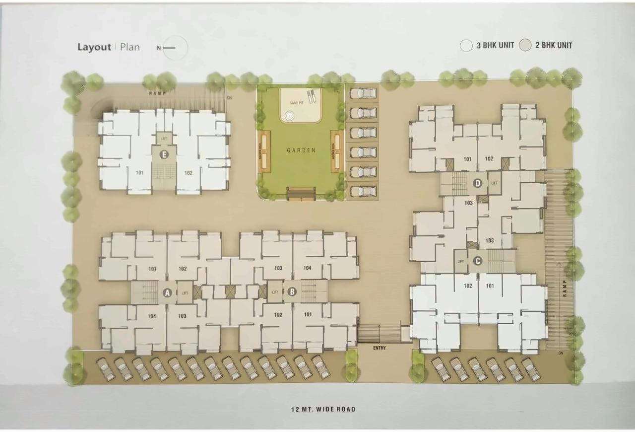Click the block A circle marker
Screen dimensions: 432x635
(x=167, y=293)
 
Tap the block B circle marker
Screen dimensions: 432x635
(x=292, y=292)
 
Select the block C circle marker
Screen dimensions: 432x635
(x=478, y=261)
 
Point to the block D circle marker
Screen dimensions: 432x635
(x=478, y=184)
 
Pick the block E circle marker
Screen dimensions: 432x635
(x=164, y=155)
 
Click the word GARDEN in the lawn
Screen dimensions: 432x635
(x=301, y=150)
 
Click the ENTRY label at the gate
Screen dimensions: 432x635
(x=380, y=348)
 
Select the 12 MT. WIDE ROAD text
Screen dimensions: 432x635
(x=323, y=410)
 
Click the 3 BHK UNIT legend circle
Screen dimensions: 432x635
(x=466, y=46)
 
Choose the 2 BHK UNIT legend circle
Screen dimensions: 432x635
(x=525, y=46)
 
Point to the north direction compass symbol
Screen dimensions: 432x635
(x=174, y=48)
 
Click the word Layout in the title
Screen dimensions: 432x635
(x=94, y=47)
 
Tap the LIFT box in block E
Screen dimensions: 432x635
(x=164, y=138)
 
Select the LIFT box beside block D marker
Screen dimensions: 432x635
(x=494, y=183)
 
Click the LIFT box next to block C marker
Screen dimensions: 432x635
(x=461, y=261)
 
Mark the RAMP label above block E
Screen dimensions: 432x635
(x=157, y=93)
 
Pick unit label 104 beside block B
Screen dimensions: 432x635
(x=307, y=268)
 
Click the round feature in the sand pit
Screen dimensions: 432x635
(x=289, y=117)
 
